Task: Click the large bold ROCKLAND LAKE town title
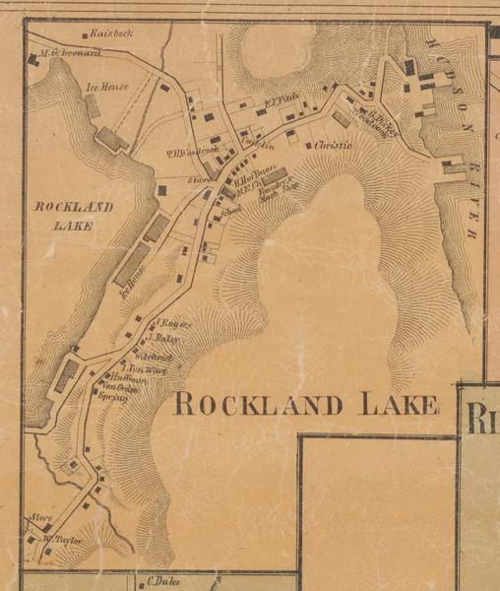[x=305, y=405]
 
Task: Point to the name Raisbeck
[x=109, y=33]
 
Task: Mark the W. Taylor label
[x=59, y=540]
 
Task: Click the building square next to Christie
[x=308, y=145]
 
